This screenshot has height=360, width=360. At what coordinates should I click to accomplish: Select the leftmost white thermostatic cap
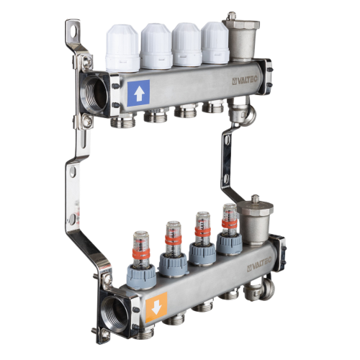122,49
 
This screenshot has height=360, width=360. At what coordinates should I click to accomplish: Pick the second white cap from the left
156,46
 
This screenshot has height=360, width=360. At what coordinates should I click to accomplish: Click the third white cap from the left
187,44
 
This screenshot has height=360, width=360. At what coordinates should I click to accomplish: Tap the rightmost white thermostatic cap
215,42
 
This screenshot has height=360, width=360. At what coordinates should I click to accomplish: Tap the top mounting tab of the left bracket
73,32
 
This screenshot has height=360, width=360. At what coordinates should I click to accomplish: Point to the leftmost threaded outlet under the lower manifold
172,317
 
